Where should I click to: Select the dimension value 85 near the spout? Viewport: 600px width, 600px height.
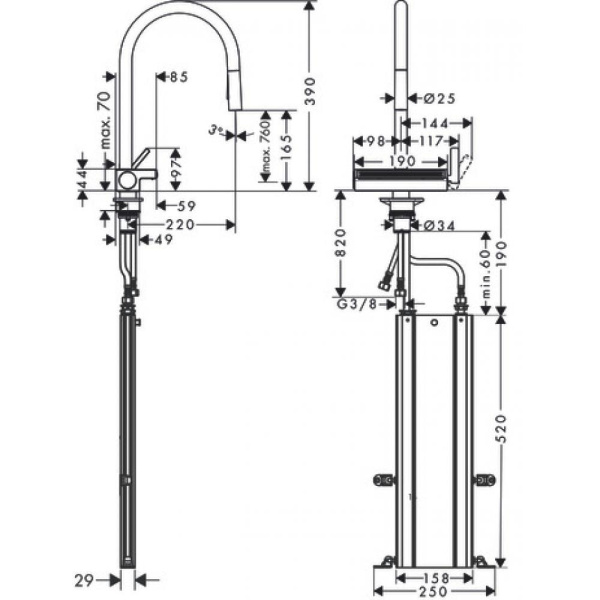[x=179, y=77]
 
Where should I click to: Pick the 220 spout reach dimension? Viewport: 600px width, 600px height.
[x=180, y=224]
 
